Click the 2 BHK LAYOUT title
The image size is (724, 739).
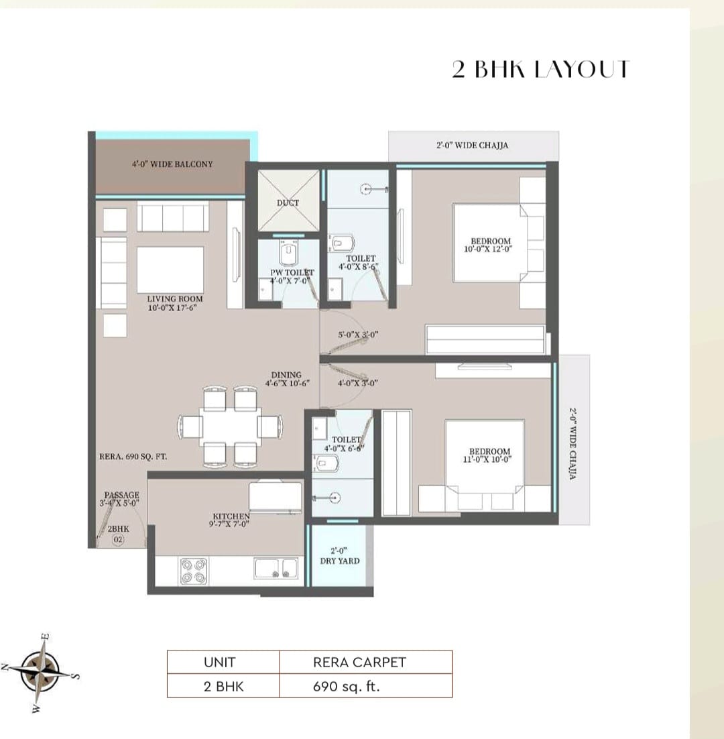540,70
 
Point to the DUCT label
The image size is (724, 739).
288,203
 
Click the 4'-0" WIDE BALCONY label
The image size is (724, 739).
172,164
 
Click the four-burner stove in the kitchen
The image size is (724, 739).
194,569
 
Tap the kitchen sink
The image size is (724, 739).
276,569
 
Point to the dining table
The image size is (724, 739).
229,426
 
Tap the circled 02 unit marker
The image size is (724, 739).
118,539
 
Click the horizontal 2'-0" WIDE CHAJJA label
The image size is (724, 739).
473,145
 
